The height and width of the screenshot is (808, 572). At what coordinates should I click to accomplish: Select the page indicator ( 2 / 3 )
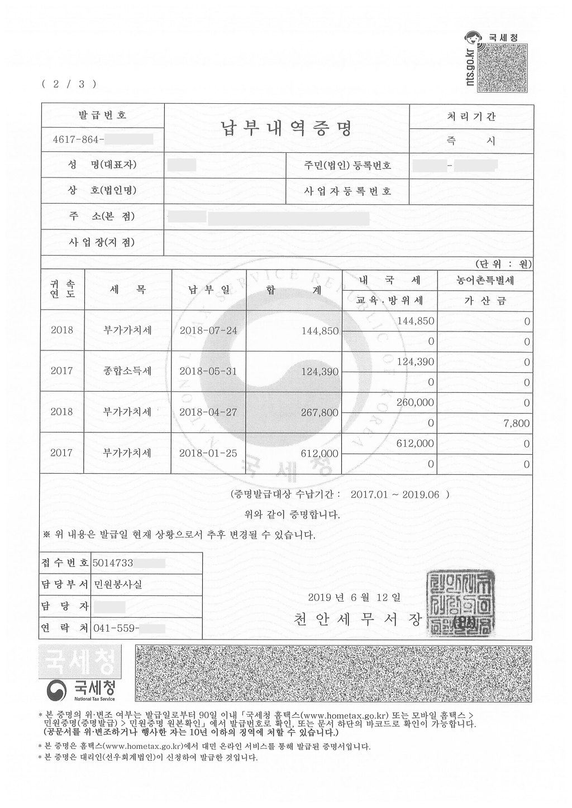point(69,84)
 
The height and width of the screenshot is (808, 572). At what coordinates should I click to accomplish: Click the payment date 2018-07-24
point(208,330)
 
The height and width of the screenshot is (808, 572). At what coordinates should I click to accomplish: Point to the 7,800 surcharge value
point(516,424)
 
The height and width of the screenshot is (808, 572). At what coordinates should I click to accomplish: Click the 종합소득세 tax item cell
point(127,371)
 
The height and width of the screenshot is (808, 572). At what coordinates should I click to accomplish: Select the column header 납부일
point(208,290)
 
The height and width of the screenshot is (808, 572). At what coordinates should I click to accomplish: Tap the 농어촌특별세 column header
point(484,281)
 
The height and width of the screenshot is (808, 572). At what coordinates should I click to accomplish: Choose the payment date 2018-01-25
point(208,453)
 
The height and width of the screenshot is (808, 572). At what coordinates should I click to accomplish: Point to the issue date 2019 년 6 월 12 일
point(354,598)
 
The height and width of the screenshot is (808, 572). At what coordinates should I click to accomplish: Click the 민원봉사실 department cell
point(118,585)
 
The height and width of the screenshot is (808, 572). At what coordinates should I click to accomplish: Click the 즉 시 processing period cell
point(471,142)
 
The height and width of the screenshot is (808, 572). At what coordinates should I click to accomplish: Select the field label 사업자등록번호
point(347,191)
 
